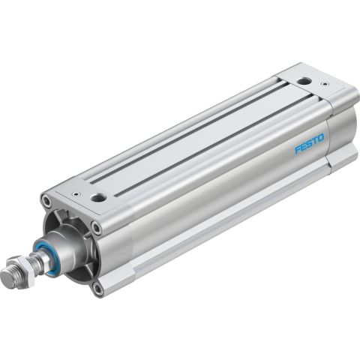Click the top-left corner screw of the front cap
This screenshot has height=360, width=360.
coord(47,202)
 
